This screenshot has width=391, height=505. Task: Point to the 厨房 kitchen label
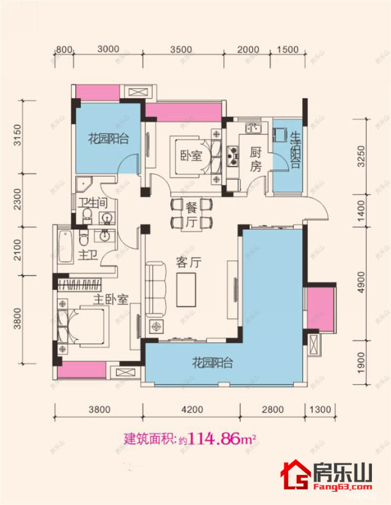[256, 159]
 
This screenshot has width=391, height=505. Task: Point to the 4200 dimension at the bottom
[191, 410]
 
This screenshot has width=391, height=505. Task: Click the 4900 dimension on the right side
[362, 282]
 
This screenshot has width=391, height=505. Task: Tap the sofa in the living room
[155, 289]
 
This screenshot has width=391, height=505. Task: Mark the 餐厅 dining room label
[191, 214]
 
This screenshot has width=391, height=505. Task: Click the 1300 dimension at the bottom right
[321, 410]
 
